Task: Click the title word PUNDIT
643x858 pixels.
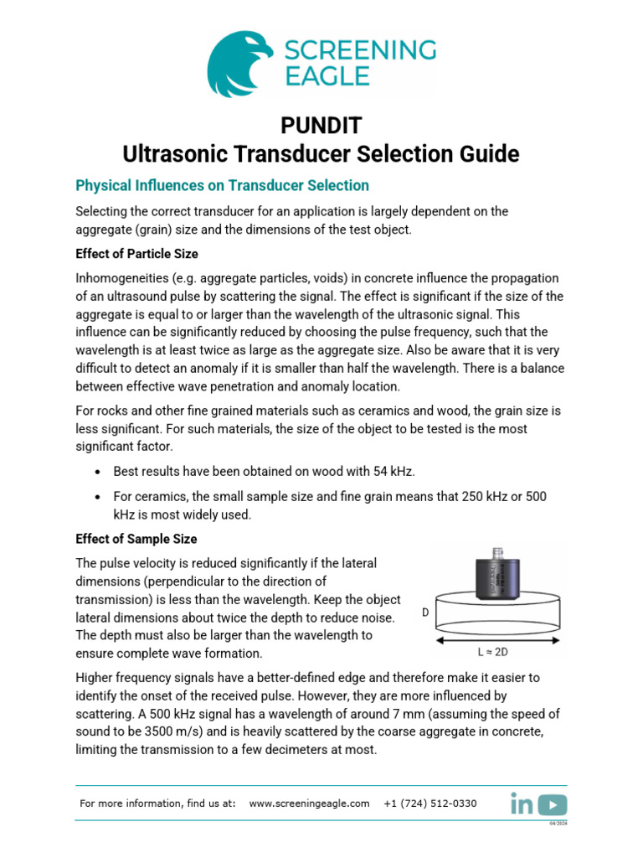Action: coord(321,126)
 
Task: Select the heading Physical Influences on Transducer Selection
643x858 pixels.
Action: coord(222,185)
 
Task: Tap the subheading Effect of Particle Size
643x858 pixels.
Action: coord(136,254)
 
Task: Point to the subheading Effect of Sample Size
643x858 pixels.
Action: coord(136,539)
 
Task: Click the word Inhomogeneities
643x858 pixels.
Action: coord(123,278)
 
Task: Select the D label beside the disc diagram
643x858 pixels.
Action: coord(425,612)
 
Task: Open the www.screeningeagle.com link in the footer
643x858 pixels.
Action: coord(309,804)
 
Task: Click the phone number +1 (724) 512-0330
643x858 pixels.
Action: coord(430,804)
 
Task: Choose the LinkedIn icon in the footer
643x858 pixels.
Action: coord(522,804)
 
